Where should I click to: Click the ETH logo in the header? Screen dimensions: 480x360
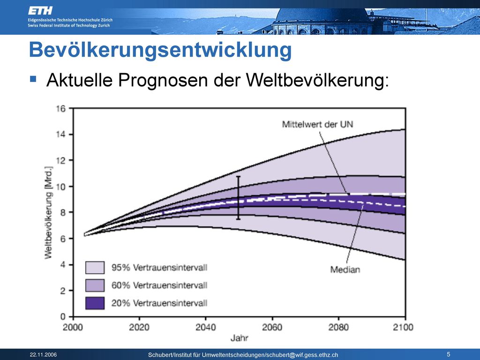point(40,11)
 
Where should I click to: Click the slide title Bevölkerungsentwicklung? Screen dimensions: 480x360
point(160,50)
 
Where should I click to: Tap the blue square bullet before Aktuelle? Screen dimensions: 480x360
point(33,79)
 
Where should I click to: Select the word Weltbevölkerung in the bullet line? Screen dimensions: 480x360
point(317,80)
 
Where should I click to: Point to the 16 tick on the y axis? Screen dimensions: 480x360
point(60,109)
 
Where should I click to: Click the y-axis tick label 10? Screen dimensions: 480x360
point(60,187)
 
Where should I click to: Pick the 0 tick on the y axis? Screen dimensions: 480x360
point(63,316)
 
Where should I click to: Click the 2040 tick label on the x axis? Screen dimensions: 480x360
point(205,328)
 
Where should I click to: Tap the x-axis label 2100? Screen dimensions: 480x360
point(403,328)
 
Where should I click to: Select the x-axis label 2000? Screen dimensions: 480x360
point(73,328)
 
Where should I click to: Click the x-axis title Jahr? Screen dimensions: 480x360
point(239,338)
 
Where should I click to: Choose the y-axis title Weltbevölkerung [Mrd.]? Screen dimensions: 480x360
point(49,212)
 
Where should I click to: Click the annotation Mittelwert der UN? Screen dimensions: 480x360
point(317,124)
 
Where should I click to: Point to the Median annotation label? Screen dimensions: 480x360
point(345,270)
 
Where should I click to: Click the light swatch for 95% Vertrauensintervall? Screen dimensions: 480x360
point(95,267)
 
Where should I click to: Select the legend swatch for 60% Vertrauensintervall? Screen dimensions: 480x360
point(95,285)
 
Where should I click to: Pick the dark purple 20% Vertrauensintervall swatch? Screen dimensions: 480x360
point(95,303)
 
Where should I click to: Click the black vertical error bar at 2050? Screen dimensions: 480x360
point(238,198)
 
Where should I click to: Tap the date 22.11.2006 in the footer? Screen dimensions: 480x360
point(43,355)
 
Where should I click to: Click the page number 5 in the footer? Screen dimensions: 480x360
point(449,354)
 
